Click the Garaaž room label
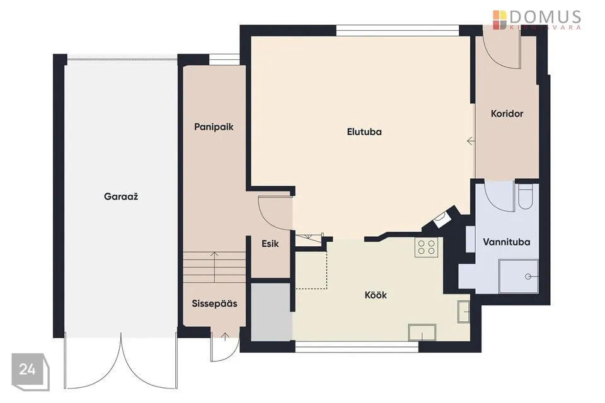[x=121, y=196]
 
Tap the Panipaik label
[x=214, y=127]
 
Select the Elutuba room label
[x=364, y=132]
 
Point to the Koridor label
[x=507, y=113]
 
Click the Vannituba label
[x=506, y=242]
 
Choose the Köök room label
[x=376, y=295]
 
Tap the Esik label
[x=270, y=243]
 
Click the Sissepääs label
[x=214, y=304]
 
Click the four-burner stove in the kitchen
[x=427, y=247]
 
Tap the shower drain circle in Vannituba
[x=528, y=276]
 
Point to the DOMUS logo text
[x=545, y=18]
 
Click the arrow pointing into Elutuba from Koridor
[x=471, y=141]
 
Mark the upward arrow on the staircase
[x=214, y=266]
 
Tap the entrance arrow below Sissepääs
[x=225, y=337]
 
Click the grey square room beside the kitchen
[x=271, y=312]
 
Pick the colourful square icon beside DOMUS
[x=499, y=20]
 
